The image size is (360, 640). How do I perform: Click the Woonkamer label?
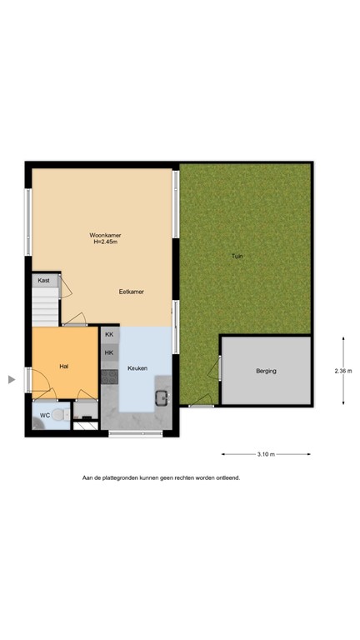[105, 236]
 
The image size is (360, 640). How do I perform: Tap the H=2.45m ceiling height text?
[105, 243]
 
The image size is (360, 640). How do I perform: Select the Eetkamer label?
[132, 292]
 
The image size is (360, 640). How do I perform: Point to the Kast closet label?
[43, 281]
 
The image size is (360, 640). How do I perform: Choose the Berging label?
[266, 371]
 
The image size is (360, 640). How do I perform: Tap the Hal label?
[63, 367]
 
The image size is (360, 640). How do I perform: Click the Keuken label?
[137, 367]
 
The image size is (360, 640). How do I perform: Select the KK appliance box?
[109, 335]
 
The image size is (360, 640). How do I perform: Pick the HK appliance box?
[109, 352]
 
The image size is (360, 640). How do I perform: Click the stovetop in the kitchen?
[109, 375]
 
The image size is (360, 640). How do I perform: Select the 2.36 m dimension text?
[342, 371]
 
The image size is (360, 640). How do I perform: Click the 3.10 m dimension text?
[266, 454]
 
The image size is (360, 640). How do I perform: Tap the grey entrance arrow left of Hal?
[12, 380]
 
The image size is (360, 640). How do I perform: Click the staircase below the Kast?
[46, 307]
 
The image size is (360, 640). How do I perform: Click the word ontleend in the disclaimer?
[227, 478]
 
